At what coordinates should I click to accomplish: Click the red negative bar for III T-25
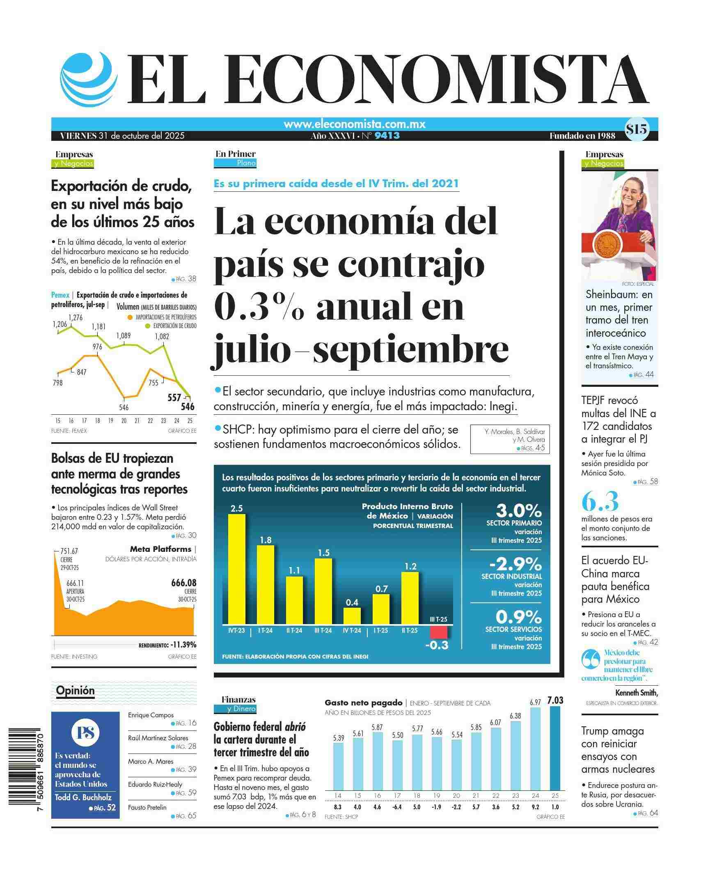click(x=439, y=632)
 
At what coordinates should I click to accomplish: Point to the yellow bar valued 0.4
click(x=352, y=616)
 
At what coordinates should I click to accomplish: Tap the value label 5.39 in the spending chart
click(x=339, y=738)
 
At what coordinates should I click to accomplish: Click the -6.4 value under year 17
click(x=397, y=807)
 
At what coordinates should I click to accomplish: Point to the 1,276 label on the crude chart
click(x=76, y=317)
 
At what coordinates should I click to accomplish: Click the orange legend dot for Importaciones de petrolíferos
click(x=130, y=317)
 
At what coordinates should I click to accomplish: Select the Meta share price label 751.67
click(x=69, y=551)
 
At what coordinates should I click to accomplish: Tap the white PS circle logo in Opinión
click(x=85, y=732)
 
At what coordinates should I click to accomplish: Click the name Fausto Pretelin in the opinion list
click(x=147, y=807)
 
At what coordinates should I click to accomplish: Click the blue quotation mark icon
click(x=591, y=660)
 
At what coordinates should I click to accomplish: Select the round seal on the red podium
click(x=604, y=244)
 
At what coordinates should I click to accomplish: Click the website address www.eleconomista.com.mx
click(x=354, y=124)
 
